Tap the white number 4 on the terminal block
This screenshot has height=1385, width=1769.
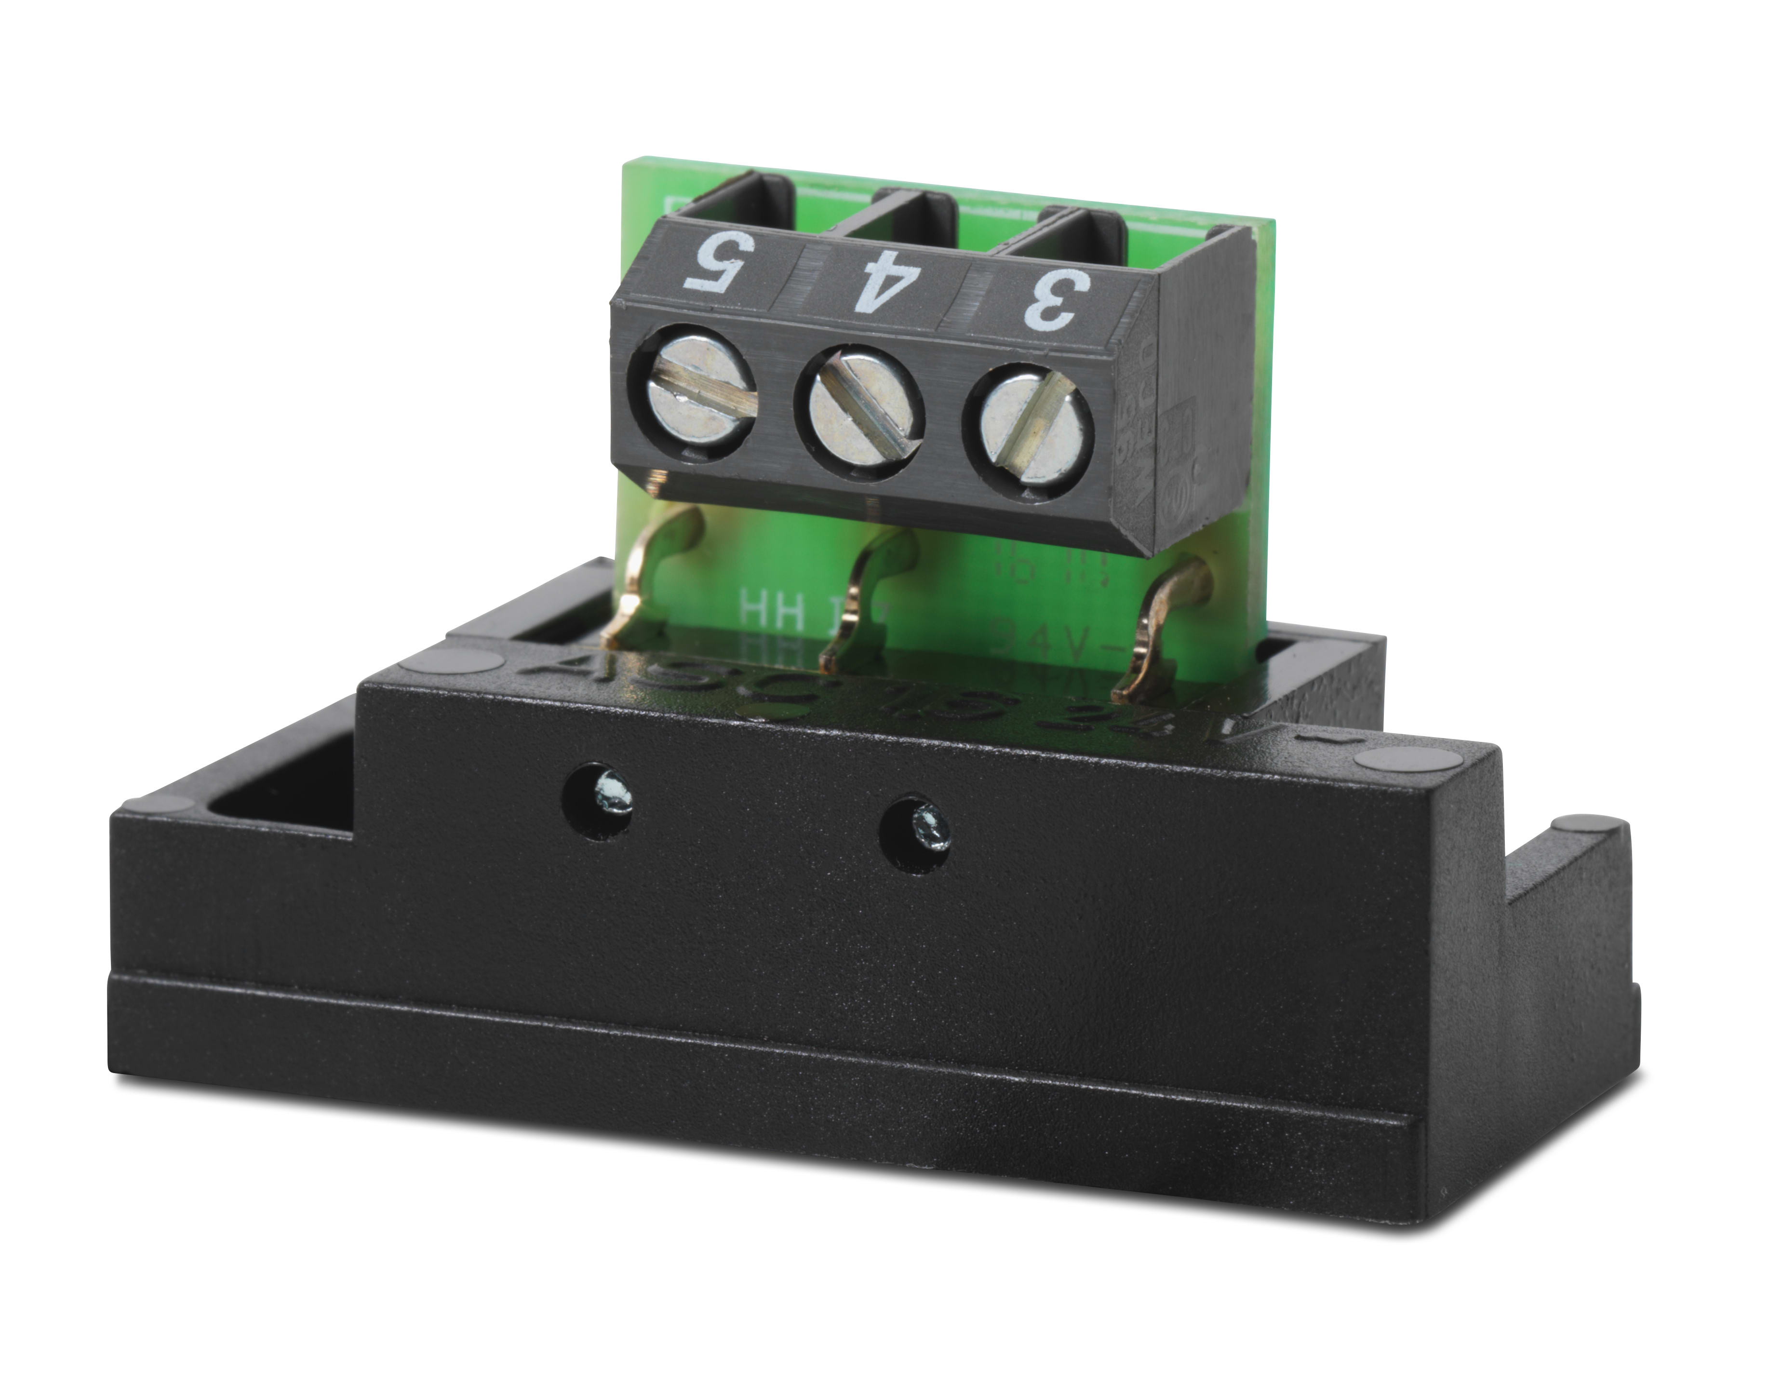(x=875, y=280)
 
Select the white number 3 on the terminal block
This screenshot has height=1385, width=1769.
(x=1055, y=298)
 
